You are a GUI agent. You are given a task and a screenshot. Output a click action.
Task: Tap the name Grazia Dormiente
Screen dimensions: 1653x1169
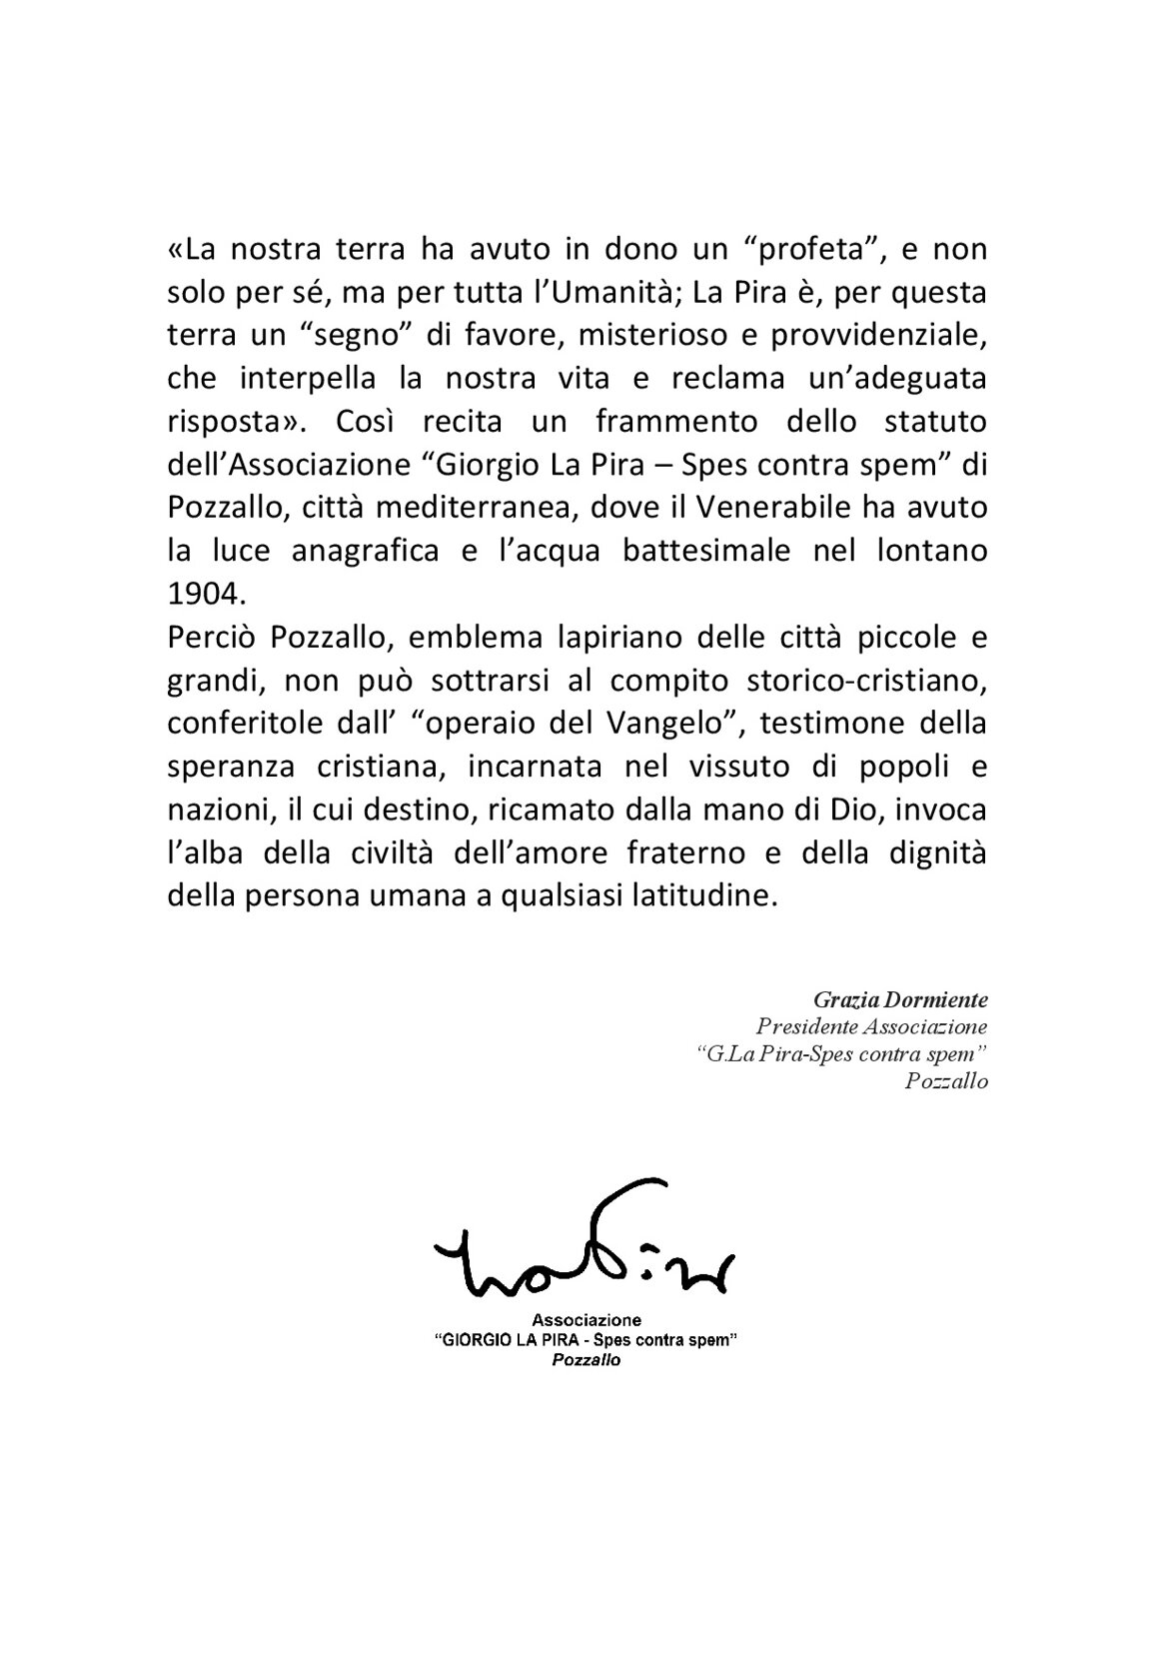click(x=900, y=999)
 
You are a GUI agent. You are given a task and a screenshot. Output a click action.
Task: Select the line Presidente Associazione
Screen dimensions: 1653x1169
click(x=871, y=1026)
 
